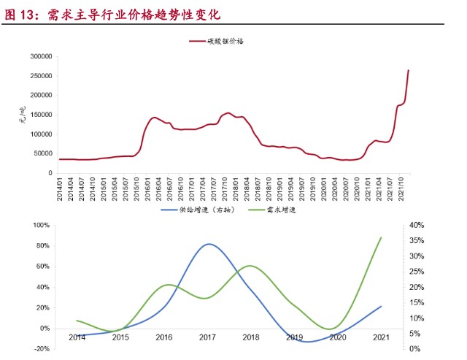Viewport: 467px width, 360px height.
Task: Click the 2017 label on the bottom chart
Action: point(209,337)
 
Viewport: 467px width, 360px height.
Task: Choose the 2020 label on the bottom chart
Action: point(338,337)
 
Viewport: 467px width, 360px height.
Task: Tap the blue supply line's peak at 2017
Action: point(209,244)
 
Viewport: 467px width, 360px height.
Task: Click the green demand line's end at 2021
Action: point(381,237)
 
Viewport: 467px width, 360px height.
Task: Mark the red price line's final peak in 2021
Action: point(408,70)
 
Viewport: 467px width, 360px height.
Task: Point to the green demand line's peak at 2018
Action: point(250,266)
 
